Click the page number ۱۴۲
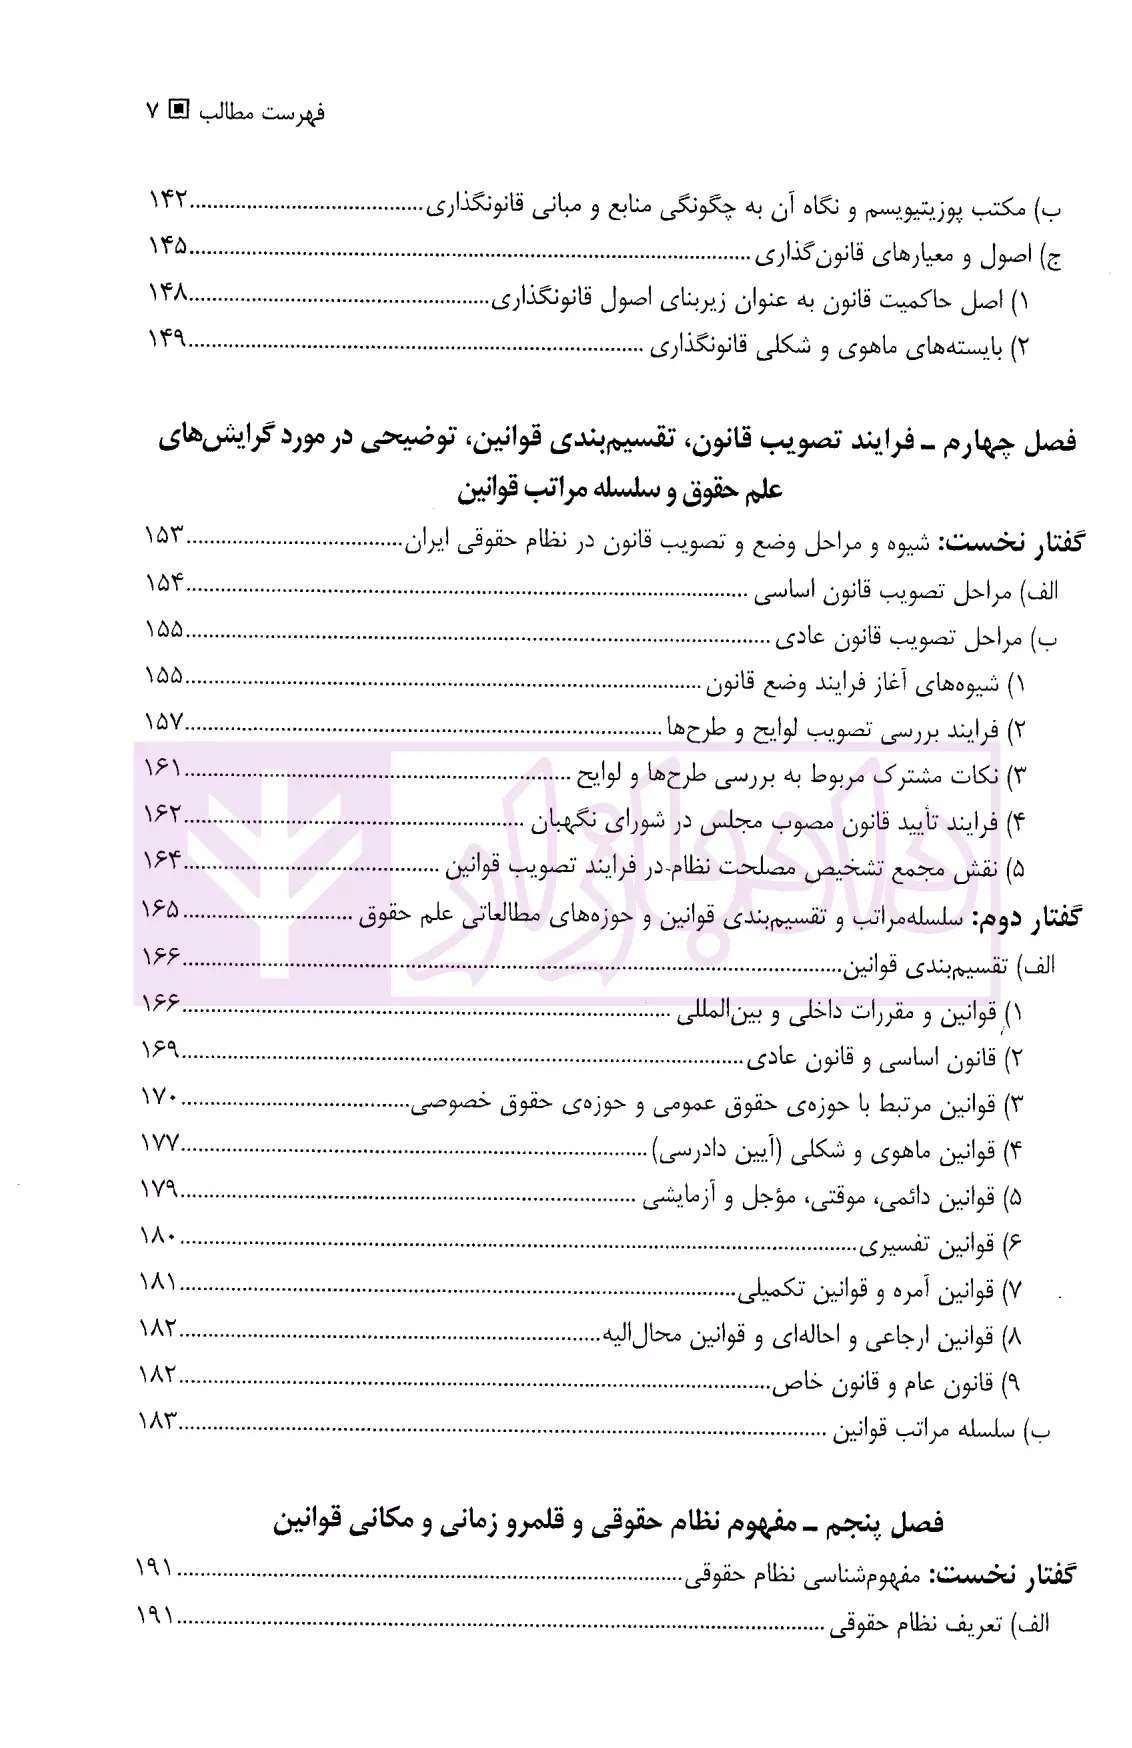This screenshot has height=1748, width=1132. pyautogui.click(x=168, y=200)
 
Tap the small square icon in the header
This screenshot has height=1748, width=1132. pyautogui.click(x=180, y=110)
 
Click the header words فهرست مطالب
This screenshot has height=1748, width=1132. pyautogui.click(x=262, y=111)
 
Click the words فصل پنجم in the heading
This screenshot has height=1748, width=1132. pyautogui.click(x=892, y=1522)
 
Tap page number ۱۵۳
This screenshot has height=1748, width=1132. pyautogui.click(x=165, y=535)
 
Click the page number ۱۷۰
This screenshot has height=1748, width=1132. pyautogui.click(x=158, y=1096)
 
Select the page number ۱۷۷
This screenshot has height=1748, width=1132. pyautogui.click(x=158, y=1142)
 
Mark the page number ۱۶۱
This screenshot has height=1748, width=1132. pyautogui.click(x=162, y=767)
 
